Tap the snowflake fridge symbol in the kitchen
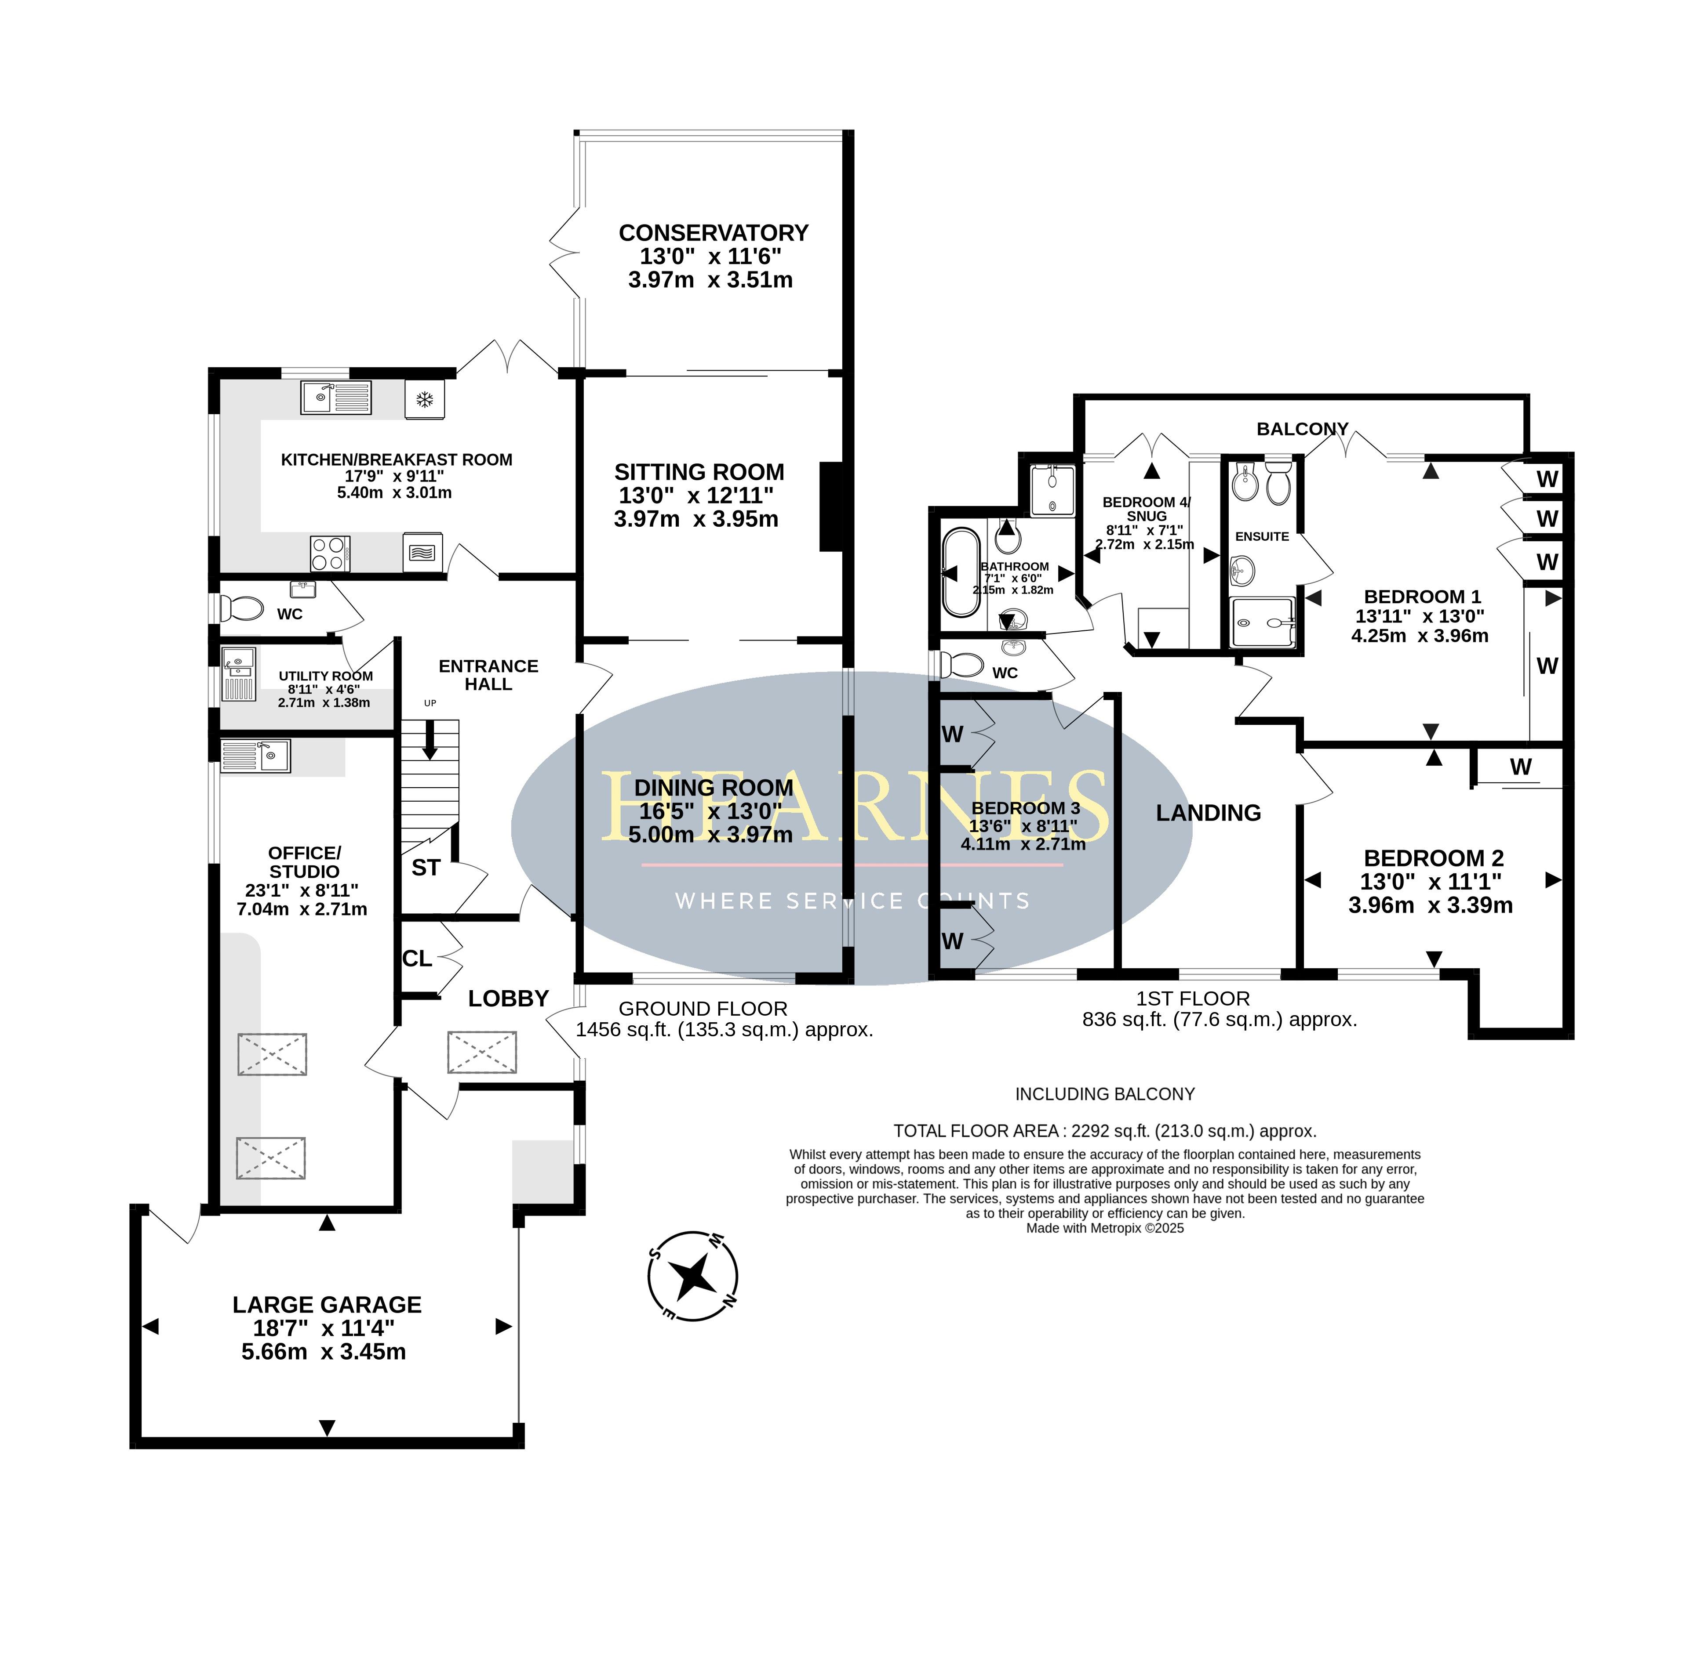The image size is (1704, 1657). (x=424, y=399)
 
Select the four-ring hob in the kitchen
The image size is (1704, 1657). (x=330, y=554)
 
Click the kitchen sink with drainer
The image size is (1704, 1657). (x=336, y=398)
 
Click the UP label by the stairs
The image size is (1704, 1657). (x=430, y=703)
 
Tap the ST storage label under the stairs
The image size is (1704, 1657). (x=426, y=868)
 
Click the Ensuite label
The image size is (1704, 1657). (x=1262, y=536)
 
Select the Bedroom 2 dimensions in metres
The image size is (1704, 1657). (x=1430, y=905)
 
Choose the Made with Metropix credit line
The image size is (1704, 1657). (x=1105, y=1228)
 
